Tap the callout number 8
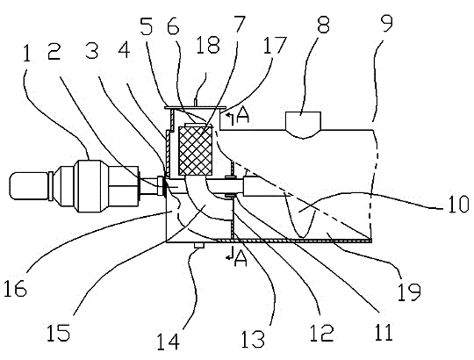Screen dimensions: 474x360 [x=323, y=25]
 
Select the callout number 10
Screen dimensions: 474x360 [x=458, y=204]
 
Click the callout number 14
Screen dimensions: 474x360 [x=168, y=342]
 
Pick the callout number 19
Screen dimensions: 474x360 [x=409, y=292]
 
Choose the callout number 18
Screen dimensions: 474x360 [x=208, y=45]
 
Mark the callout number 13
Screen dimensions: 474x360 [x=253, y=338]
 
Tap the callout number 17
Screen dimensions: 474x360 [x=274, y=45]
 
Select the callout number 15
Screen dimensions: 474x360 [x=58, y=333]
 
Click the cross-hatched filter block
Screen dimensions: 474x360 [x=195, y=150]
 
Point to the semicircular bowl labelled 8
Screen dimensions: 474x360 [x=303, y=125]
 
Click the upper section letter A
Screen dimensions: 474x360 [x=243, y=117]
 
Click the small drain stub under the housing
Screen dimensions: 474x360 [x=199, y=245]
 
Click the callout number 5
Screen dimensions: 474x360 [x=147, y=25]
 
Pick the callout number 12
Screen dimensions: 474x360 [x=321, y=332]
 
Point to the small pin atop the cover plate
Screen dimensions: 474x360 [x=196, y=102]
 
